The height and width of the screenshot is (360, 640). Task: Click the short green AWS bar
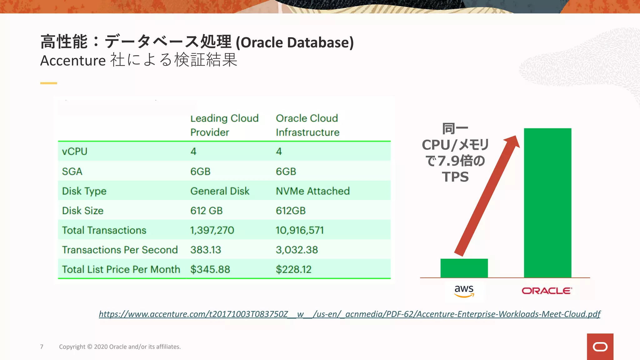[x=464, y=268]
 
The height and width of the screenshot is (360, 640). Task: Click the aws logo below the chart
[x=464, y=291]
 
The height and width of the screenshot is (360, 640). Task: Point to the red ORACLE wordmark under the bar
[x=547, y=291]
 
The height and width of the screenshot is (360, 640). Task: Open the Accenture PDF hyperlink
[x=349, y=314]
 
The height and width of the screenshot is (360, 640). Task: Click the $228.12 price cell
[x=293, y=269]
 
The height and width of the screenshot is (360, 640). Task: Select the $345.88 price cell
[x=210, y=269]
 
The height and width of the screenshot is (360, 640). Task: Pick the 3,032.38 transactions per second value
[x=297, y=250]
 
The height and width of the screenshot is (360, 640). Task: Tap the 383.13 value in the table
[x=206, y=250]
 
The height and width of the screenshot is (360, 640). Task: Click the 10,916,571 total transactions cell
[x=299, y=230]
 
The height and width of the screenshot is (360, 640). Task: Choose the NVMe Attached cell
[x=312, y=191]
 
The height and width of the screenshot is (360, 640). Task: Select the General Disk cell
[x=220, y=191]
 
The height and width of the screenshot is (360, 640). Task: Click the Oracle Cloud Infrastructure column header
[x=307, y=125]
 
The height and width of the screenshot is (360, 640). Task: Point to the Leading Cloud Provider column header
[x=224, y=125]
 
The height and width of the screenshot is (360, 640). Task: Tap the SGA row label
[x=72, y=172]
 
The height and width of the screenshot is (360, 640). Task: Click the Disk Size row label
[x=82, y=211]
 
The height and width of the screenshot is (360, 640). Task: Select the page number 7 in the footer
[x=42, y=347]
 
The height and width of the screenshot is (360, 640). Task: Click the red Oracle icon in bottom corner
[x=600, y=347]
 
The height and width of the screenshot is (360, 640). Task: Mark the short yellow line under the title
[x=48, y=83]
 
